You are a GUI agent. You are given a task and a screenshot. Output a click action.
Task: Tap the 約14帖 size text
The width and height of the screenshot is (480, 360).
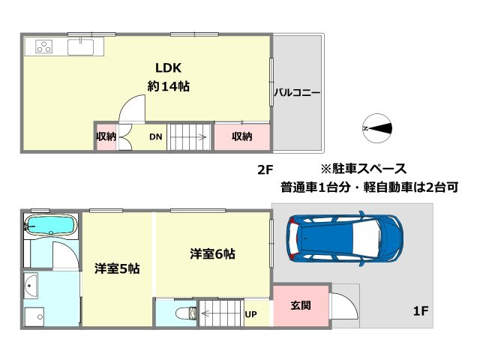tap(168, 86)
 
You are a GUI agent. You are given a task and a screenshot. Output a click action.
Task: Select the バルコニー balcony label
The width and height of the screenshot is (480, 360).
tap(296, 93)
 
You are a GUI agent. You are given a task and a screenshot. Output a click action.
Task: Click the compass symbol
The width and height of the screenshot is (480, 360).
tap(376, 128)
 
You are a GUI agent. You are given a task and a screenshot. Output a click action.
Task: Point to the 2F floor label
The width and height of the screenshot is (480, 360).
tap(265, 169)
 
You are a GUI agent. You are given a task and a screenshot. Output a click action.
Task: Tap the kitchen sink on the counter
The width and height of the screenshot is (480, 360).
tap(79, 46)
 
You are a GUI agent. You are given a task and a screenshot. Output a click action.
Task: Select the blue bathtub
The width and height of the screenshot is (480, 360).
tap(50, 225)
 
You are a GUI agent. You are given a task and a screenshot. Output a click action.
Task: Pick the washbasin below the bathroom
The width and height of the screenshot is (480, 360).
tap(32, 285)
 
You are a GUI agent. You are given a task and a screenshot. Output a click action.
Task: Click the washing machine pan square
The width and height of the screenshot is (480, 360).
tap(33, 316)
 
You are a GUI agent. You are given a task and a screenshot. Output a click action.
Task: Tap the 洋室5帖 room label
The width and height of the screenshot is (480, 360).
tap(115, 268)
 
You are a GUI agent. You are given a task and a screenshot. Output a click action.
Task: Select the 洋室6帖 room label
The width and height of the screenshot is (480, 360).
tap(212, 254)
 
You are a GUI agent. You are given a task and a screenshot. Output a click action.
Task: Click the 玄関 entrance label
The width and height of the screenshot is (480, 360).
tap(301, 305)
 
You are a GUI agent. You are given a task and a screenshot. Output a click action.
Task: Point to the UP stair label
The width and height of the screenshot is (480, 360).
tap(251, 313)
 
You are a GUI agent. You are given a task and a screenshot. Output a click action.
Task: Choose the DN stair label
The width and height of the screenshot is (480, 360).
tap(155, 136)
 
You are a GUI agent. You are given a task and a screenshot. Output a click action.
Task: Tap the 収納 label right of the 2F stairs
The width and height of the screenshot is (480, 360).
tap(241, 136)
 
